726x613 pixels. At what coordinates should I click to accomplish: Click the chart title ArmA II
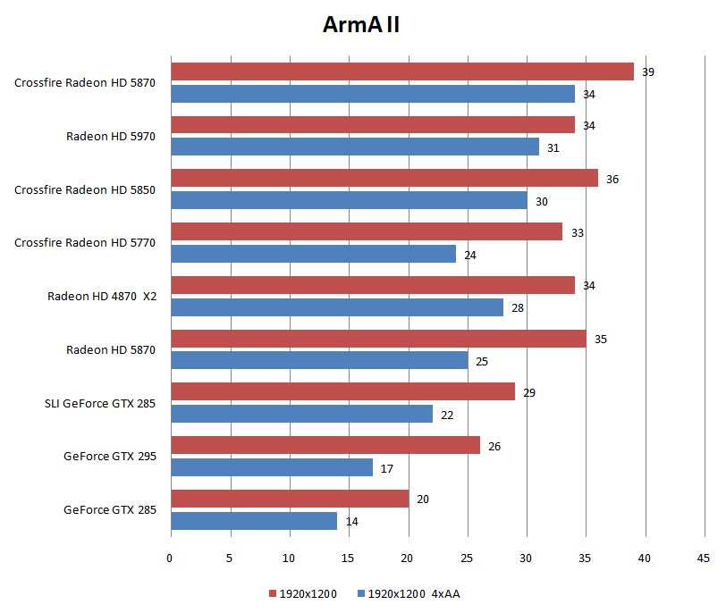pyautogui.click(x=361, y=25)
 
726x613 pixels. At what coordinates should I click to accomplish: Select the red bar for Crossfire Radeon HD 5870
pyautogui.click(x=402, y=71)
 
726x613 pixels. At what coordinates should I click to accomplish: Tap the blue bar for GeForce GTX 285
pyautogui.click(x=254, y=521)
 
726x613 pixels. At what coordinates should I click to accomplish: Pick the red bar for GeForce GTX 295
pyautogui.click(x=325, y=445)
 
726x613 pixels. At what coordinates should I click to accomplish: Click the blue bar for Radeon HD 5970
pyautogui.click(x=355, y=147)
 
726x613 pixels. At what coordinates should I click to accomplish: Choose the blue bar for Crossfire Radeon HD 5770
pyautogui.click(x=313, y=254)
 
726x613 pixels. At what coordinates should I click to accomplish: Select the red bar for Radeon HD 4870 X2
pyautogui.click(x=373, y=285)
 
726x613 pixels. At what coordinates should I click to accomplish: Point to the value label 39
pyautogui.click(x=648, y=71)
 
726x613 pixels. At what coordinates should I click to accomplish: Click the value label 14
pyautogui.click(x=352, y=521)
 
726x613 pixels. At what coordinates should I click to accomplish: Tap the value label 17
pyautogui.click(x=387, y=467)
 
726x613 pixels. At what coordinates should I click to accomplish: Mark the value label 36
pyautogui.click(x=612, y=179)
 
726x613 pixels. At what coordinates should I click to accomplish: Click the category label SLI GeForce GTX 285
pyautogui.click(x=99, y=403)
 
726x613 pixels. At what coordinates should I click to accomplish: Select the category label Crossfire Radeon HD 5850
pyautogui.click(x=85, y=189)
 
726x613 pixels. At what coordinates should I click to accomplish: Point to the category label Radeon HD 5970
pyautogui.click(x=111, y=136)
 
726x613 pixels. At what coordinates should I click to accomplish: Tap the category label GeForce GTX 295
pyautogui.click(x=110, y=456)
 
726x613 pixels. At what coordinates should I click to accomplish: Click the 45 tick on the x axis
pyautogui.click(x=703, y=558)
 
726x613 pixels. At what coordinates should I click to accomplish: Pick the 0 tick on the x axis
pyautogui.click(x=171, y=558)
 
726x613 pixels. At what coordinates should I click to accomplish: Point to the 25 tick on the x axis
pyautogui.click(x=467, y=558)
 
